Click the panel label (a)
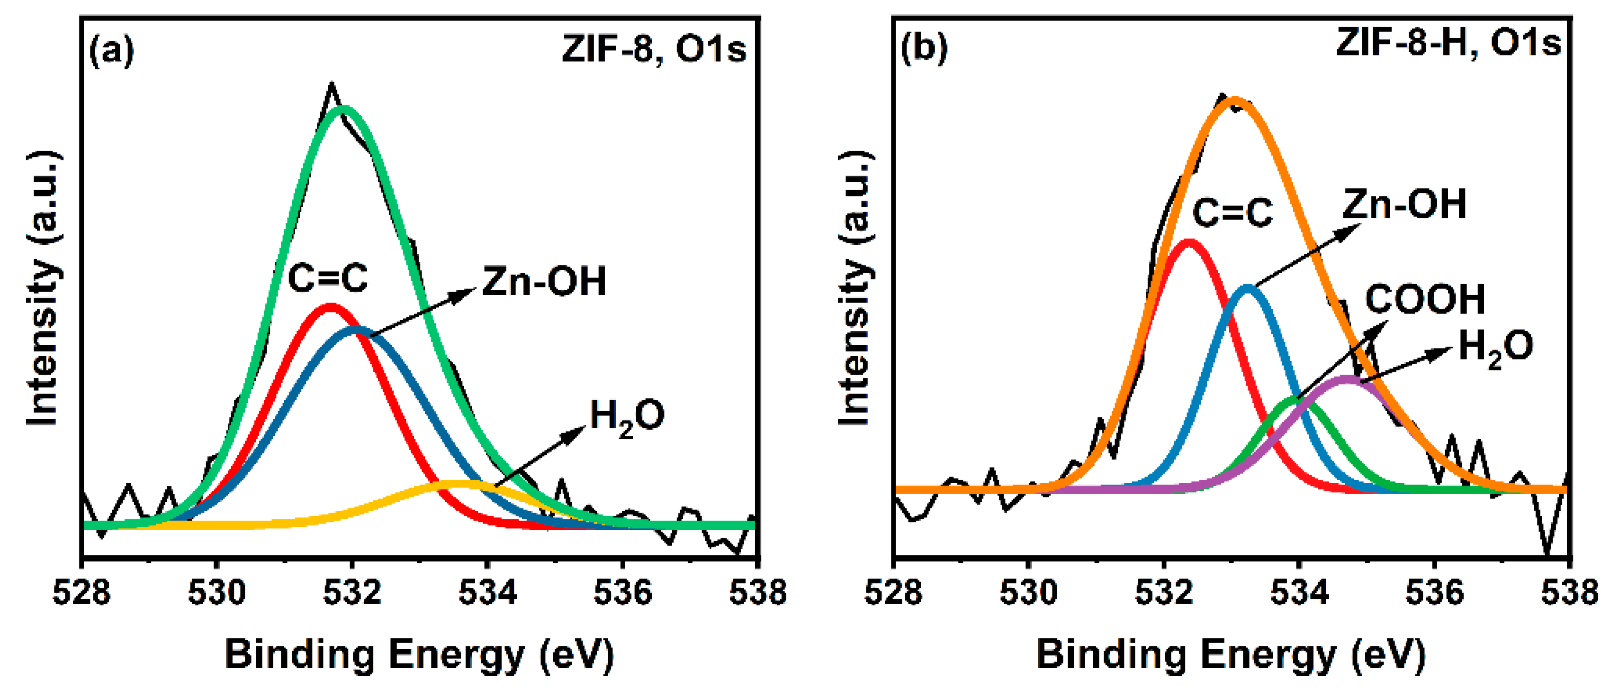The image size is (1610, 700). tap(112, 51)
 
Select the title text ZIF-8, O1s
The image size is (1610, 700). tap(654, 48)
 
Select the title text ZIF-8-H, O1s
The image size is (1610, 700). tap(1448, 44)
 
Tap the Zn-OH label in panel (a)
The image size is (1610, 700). tap(544, 282)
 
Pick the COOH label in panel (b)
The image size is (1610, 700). tap(1425, 300)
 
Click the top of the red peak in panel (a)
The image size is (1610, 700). tap(330, 306)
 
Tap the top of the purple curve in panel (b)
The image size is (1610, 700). tap(1347, 379)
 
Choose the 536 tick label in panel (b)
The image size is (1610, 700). tap(1434, 592)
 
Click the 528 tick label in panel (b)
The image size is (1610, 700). tap(894, 592)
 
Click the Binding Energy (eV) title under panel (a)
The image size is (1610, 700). tap(419, 655)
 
